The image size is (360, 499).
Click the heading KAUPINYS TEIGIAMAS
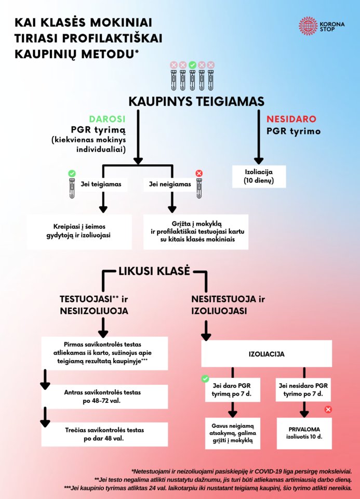[196, 100]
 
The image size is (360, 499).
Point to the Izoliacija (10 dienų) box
[259, 176]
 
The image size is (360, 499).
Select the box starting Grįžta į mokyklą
[196, 231]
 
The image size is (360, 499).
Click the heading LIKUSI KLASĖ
[154, 271]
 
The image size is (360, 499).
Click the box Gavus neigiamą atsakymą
[232, 433]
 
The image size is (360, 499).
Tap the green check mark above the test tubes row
[192, 65]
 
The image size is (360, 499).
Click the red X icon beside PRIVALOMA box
[328, 410]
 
